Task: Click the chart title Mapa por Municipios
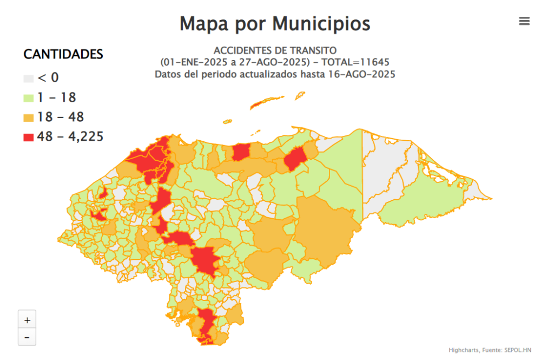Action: (275, 24)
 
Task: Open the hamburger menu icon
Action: (524, 21)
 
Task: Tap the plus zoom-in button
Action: (27, 319)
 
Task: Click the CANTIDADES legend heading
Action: (63, 54)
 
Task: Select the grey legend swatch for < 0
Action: (29, 79)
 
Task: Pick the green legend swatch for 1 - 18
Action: (29, 98)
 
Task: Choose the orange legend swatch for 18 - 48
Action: (29, 117)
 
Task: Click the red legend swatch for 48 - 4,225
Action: (29, 137)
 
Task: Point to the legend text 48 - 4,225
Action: (70, 137)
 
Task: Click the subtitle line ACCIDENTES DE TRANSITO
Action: (275, 51)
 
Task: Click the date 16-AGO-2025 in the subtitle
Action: (361, 74)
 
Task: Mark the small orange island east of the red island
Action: (299, 95)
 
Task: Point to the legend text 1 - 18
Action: (56, 98)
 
